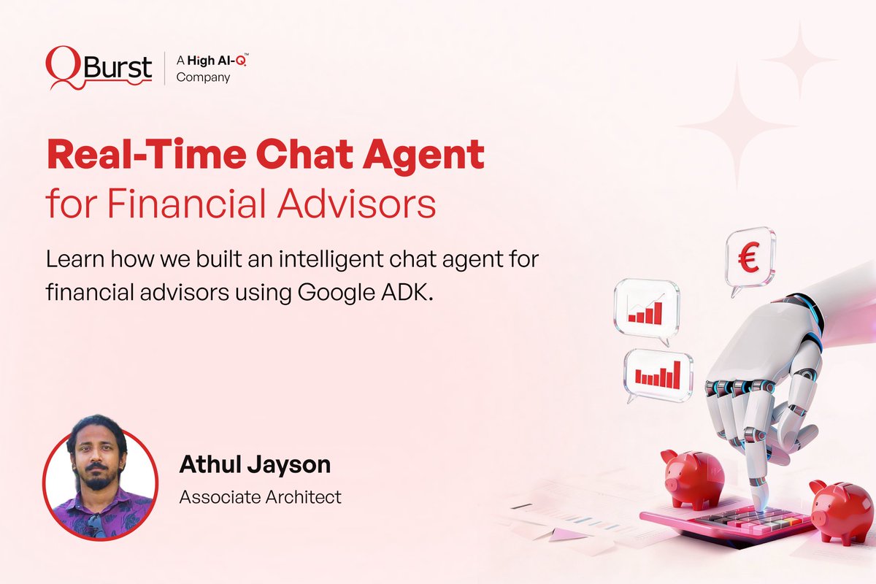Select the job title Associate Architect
tap(261, 497)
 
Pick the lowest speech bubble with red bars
tap(658, 374)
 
